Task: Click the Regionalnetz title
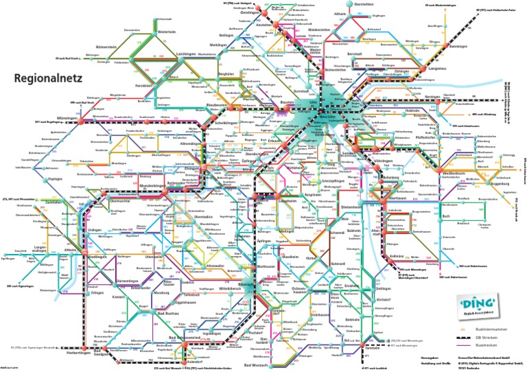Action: click(x=50, y=79)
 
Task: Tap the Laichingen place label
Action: click(x=166, y=54)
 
